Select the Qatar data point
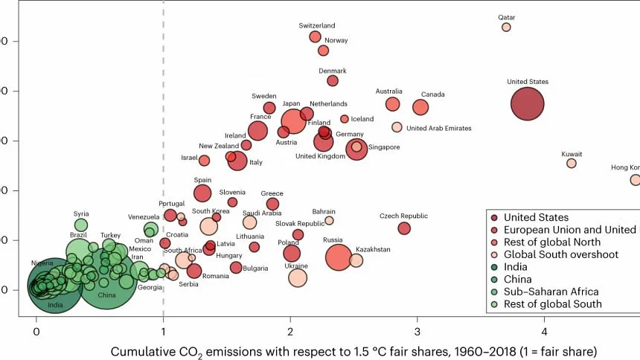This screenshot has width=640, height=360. (x=506, y=27)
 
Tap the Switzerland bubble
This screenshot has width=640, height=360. (x=315, y=36)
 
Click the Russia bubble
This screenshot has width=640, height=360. (x=339, y=257)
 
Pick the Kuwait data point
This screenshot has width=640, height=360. (x=572, y=163)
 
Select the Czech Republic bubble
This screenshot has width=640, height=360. (x=404, y=228)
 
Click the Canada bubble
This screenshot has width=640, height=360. (x=420, y=107)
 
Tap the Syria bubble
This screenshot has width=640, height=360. (x=81, y=225)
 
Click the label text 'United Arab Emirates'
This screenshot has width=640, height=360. (x=438, y=129)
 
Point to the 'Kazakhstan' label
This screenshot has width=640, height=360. (x=373, y=250)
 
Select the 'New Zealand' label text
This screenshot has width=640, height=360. (x=217, y=146)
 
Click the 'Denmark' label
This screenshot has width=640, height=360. (x=333, y=71)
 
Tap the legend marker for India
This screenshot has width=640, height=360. (x=494, y=267)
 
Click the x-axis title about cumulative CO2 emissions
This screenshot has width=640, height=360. (x=353, y=349)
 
